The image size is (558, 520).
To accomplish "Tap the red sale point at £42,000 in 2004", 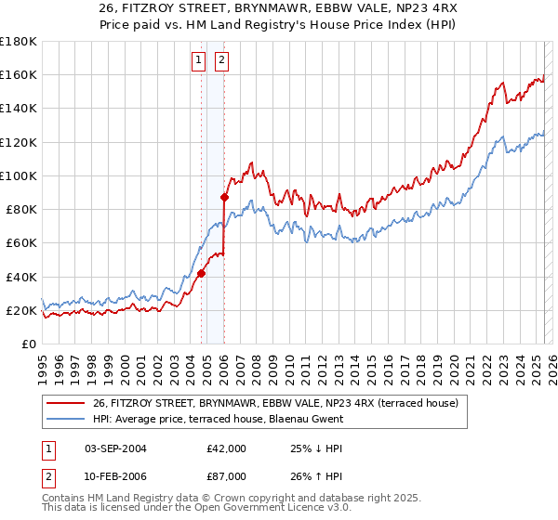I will [201, 273].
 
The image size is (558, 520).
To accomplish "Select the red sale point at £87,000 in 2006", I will [224, 197].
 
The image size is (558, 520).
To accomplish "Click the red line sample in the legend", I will [64, 403].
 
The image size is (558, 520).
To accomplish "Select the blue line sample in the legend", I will [64, 419].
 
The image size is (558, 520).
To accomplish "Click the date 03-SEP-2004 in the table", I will [115, 448].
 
